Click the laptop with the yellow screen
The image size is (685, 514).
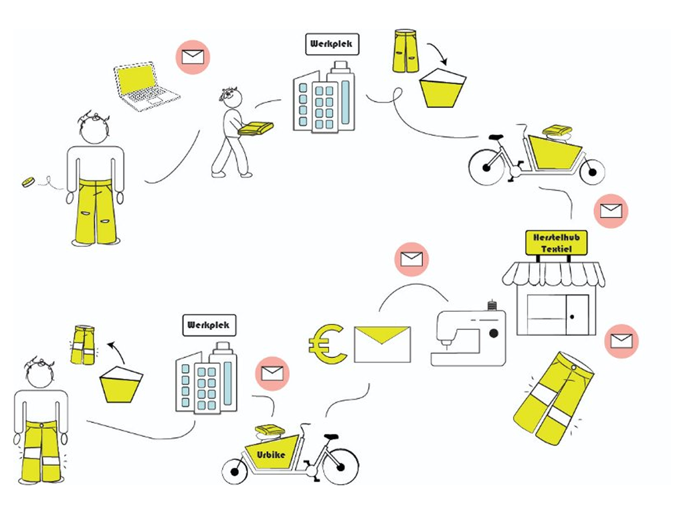point(146,86)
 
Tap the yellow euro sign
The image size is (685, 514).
point(327,344)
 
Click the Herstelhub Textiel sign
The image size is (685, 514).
point(556,243)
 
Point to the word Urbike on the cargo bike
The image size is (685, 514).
point(271,454)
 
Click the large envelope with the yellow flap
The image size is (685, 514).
point(382,345)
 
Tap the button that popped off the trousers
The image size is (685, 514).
point(28,182)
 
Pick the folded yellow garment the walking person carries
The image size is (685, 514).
point(256,128)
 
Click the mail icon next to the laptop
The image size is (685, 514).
point(193,58)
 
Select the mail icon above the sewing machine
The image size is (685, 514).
point(411,259)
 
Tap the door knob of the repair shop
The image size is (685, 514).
point(572,317)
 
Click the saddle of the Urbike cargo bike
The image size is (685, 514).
point(331,436)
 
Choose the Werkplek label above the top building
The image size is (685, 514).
point(332,44)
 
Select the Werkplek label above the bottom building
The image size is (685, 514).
point(209,325)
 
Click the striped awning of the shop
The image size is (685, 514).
point(553,274)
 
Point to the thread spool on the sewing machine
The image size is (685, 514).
point(493,305)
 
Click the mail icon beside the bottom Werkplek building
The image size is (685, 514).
point(272,373)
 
